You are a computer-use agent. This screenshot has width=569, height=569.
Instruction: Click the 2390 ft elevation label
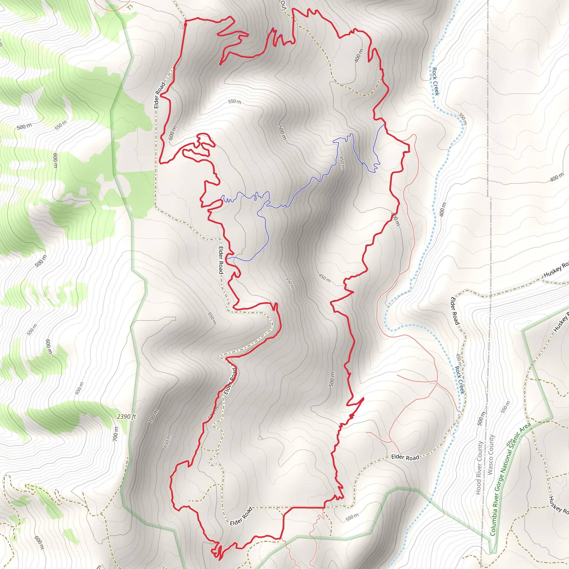(126, 416)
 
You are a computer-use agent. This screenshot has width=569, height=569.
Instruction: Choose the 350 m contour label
(463, 118)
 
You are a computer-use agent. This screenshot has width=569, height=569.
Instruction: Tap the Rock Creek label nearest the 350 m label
(435, 81)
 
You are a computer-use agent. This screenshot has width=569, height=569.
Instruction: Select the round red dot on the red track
(185, 25)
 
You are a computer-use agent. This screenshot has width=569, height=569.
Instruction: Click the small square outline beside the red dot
(181, 25)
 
